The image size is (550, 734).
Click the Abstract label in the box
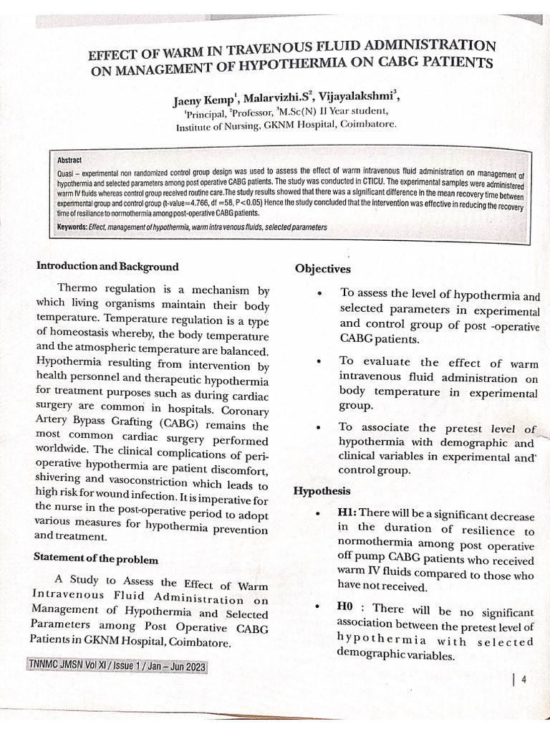tap(69, 161)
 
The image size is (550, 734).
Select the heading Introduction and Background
tap(107, 267)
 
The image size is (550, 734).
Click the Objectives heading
tap(322, 269)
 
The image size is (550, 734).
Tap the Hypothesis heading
tap(322, 491)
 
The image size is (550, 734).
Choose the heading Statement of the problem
tap(96, 559)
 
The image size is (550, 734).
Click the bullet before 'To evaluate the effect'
tap(318, 362)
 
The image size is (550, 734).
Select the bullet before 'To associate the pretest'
tap(318, 428)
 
